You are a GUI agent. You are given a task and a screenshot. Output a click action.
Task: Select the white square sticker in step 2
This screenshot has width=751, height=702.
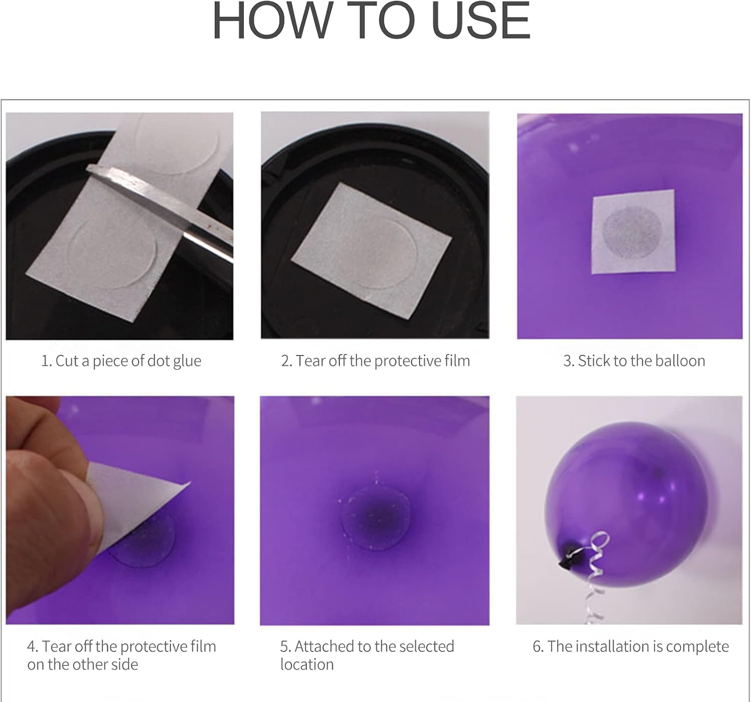[x=371, y=251]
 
